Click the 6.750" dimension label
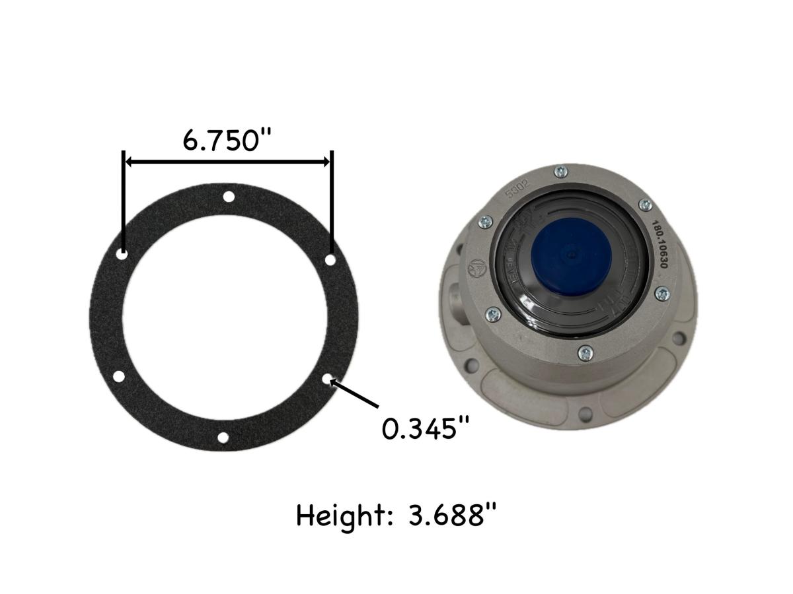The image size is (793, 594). point(227,139)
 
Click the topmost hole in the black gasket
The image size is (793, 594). point(229,196)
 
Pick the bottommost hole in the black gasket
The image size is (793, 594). point(223,438)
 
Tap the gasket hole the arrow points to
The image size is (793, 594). point(328,379)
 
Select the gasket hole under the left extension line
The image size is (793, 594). point(123,253)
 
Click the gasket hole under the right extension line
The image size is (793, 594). point(330,260)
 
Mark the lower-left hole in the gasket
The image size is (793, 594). point(119,377)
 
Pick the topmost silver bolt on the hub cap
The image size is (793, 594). point(560,172)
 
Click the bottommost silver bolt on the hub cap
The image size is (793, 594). point(584,354)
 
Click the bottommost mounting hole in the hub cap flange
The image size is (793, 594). point(584,413)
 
